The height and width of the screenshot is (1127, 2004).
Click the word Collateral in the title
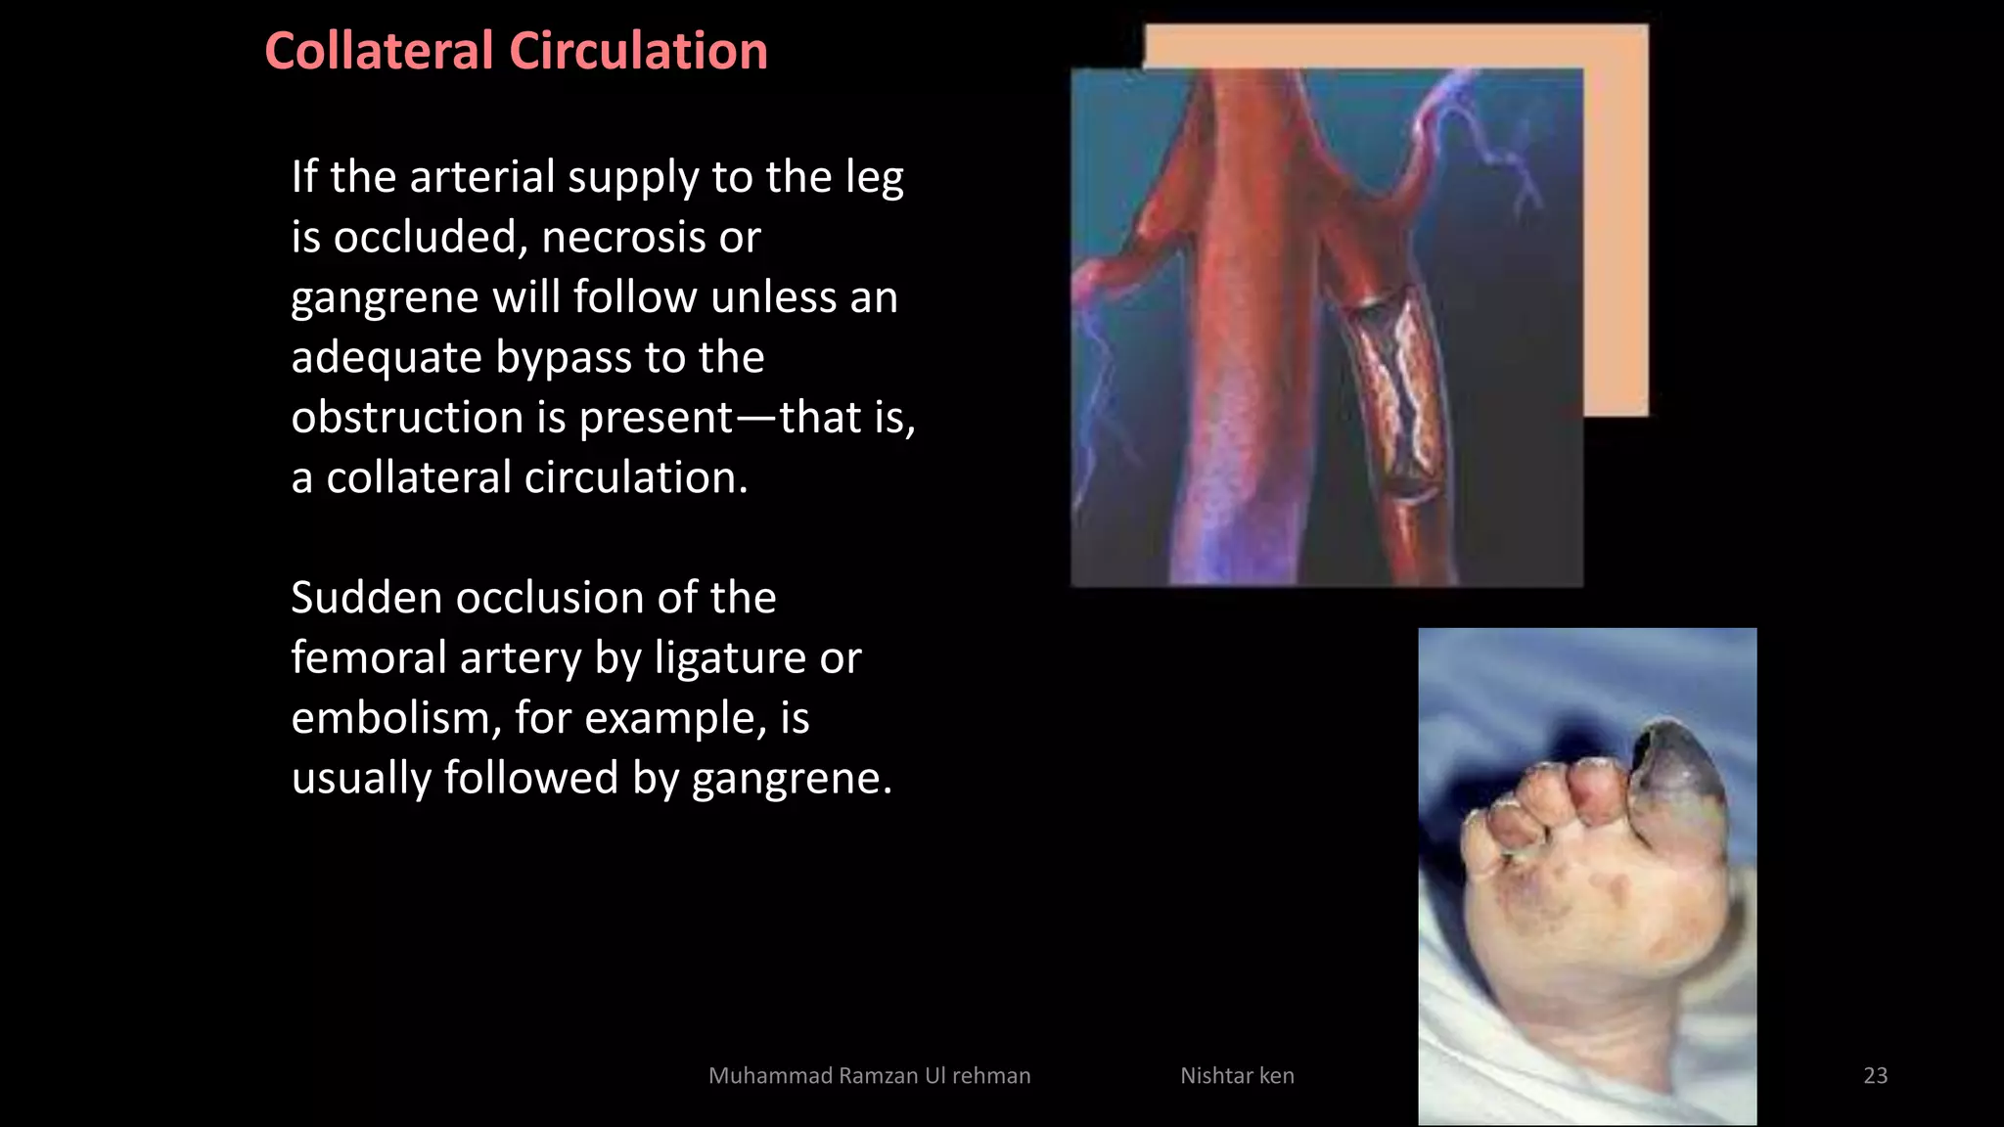point(379,51)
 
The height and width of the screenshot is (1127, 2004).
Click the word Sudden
point(364,598)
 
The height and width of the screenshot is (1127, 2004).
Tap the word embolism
point(389,718)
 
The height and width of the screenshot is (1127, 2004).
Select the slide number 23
point(1875,1075)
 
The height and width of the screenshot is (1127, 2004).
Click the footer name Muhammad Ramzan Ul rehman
point(869,1075)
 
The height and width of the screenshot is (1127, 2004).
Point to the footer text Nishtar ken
point(1237,1075)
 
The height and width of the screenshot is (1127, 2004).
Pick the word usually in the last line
point(360,779)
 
